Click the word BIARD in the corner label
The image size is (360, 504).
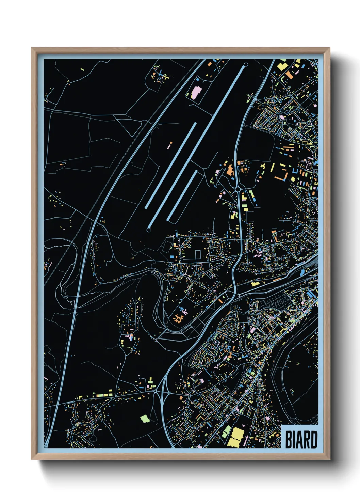pyautogui.click(x=301, y=440)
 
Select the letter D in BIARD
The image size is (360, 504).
pyautogui.click(x=314, y=440)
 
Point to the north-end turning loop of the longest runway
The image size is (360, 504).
pyautogui.click(x=246, y=64)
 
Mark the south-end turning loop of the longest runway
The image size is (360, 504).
pyautogui.click(x=149, y=230)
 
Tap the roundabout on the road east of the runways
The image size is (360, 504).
pyautogui.click(x=237, y=189)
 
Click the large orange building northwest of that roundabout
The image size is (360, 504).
pyautogui.click(x=230, y=170)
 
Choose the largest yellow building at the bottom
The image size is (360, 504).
pyautogui.click(x=235, y=437)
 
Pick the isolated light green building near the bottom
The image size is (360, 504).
pyautogui.click(x=145, y=419)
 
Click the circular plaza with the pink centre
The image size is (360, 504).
pyautogui.click(x=283, y=117)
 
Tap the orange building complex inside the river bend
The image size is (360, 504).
pyautogui.click(x=178, y=318)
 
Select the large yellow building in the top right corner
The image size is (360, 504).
pyautogui.click(x=282, y=65)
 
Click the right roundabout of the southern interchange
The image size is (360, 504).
pyautogui.click(x=169, y=393)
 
